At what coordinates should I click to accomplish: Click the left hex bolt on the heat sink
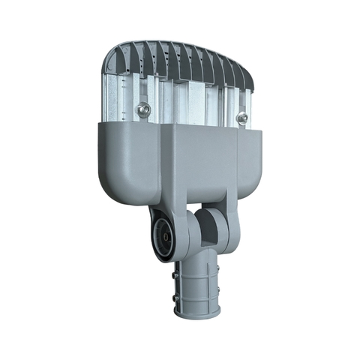click(x=144, y=110)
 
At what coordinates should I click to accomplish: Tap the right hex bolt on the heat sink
click(x=242, y=117)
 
